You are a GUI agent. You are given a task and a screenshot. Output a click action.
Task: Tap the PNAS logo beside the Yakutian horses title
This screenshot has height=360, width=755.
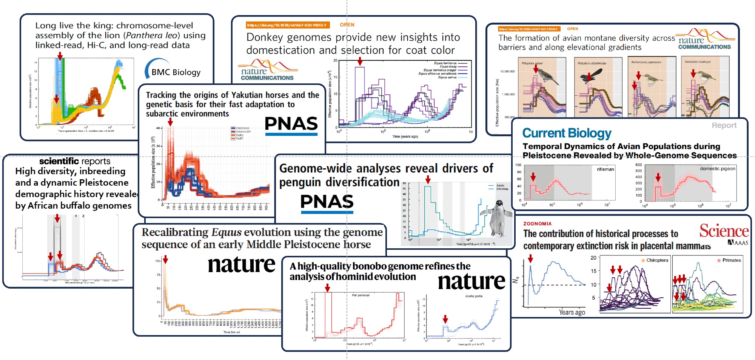coord(291,125)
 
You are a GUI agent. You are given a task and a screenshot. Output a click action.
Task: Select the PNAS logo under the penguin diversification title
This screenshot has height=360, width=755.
coord(327,202)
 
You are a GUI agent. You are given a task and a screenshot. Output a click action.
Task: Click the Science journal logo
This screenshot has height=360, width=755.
coord(724,231)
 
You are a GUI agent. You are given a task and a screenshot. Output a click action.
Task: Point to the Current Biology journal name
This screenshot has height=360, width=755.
coord(567,133)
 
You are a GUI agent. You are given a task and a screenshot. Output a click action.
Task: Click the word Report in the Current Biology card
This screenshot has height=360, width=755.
coord(724,125)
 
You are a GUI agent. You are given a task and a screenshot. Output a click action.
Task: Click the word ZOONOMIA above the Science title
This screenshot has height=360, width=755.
coord(537,224)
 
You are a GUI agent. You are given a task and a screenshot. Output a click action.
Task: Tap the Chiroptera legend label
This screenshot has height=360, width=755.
coord(657,260)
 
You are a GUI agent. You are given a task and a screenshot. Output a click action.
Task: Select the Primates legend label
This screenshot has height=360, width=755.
coord(731,260)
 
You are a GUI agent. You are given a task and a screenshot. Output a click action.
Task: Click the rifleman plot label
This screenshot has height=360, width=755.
coord(605,169)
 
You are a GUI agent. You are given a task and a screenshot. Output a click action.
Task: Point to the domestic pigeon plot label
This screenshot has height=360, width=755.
coord(717,169)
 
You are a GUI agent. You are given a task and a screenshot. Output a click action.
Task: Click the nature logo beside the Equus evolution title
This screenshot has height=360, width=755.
coord(241,264)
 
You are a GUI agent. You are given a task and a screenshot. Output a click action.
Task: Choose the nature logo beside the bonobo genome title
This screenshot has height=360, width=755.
coord(471,282)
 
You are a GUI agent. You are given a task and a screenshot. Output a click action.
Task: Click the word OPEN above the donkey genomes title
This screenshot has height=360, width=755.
coord(347,25)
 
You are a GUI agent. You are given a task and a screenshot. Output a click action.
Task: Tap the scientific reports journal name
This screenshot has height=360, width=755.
coord(75,161)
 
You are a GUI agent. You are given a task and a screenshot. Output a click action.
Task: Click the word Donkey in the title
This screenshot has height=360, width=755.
coord(265,37)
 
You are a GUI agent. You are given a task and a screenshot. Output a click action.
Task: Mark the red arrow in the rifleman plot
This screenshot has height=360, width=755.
coord(533,177)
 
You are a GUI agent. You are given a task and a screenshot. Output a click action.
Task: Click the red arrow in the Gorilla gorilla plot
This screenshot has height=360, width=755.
coord(445,319)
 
